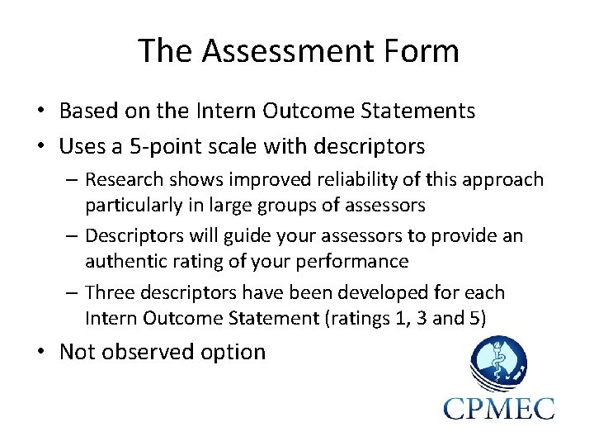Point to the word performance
click(x=359, y=260)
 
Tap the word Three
click(x=109, y=292)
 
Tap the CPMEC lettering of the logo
click(x=498, y=407)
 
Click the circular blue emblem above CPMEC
click(x=498, y=363)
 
